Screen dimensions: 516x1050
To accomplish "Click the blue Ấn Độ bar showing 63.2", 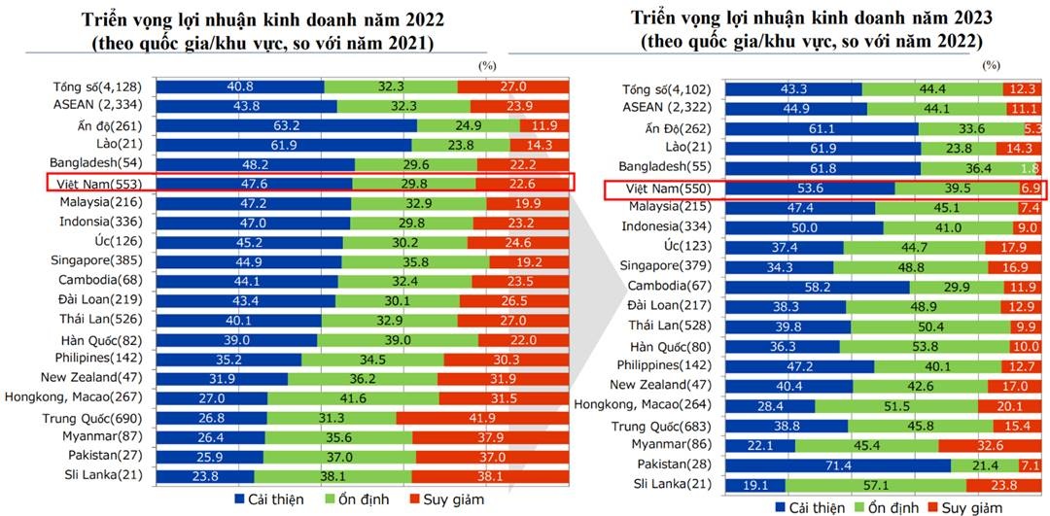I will (286, 125).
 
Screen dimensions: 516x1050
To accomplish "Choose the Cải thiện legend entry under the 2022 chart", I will (268, 499).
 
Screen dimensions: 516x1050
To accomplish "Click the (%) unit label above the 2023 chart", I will (991, 65).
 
